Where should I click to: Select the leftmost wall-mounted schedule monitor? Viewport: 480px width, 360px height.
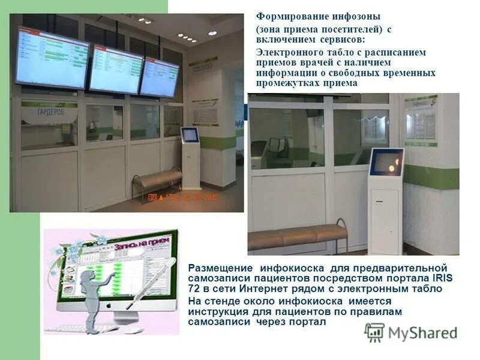52,58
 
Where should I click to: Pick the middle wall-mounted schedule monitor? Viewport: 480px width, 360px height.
115,70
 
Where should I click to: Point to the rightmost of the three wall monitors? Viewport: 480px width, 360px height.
159,77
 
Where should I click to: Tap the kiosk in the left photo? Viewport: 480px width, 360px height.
190,157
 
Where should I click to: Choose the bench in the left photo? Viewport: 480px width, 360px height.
157,179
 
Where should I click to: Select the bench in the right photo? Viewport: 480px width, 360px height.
298,236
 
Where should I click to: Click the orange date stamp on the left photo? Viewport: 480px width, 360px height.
184,197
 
